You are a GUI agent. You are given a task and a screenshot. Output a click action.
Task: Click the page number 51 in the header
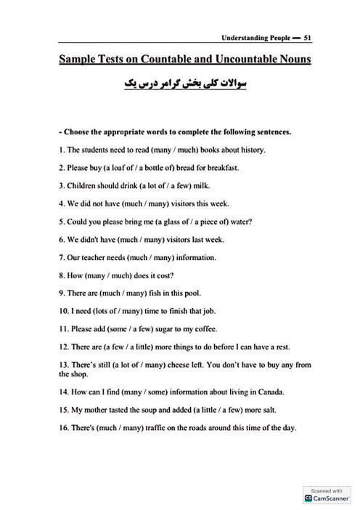[x=307, y=36]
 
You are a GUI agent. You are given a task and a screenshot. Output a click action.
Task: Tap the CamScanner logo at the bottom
[x=327, y=498]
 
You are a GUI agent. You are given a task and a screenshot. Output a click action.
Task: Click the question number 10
[x=63, y=311]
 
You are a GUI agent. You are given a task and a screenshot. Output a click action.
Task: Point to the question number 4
[x=62, y=203]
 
